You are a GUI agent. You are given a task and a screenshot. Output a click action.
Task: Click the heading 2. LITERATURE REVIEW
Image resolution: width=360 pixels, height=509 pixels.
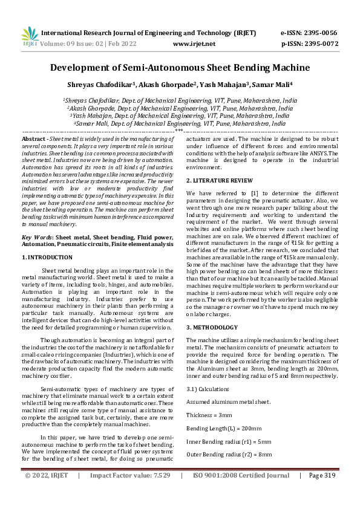(x=219, y=181)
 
